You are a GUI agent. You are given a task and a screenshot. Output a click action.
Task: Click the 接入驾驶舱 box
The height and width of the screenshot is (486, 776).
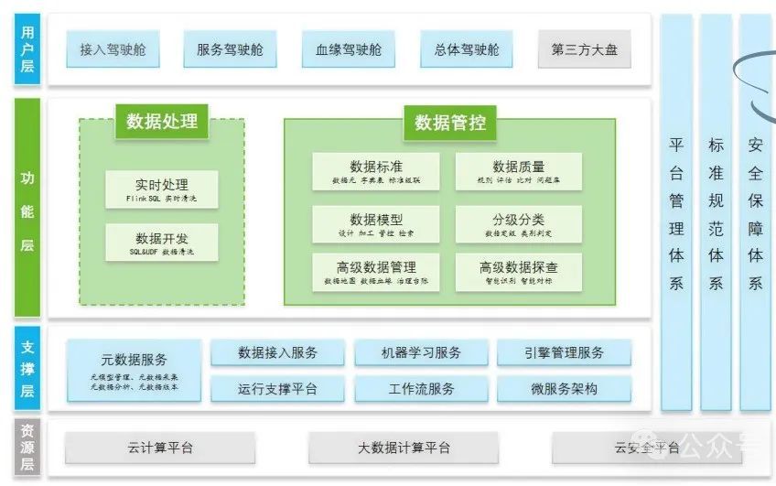113,49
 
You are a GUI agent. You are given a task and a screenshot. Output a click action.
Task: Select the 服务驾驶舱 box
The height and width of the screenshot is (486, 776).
230,49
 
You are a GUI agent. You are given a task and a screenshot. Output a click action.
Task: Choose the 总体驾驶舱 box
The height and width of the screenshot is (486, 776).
467,49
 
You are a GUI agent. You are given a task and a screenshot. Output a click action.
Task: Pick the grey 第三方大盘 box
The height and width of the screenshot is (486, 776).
584,49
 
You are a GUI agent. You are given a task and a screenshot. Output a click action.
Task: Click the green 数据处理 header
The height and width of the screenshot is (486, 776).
162,121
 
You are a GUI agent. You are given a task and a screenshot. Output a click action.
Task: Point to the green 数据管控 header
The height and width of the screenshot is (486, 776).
450,122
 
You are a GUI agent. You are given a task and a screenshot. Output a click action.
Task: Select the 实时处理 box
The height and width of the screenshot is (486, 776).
162,189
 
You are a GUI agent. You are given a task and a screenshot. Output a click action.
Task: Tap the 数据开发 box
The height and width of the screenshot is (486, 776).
162,243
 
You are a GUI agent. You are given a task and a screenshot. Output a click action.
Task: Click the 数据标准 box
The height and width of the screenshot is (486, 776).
376,171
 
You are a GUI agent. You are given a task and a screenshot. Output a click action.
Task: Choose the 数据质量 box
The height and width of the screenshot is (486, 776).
518,171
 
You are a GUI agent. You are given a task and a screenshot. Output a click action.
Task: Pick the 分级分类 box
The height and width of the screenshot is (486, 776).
518,224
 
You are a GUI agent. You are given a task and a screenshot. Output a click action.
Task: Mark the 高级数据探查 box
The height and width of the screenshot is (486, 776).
518,272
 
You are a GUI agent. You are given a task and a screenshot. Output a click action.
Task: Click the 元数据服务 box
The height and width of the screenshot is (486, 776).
134,370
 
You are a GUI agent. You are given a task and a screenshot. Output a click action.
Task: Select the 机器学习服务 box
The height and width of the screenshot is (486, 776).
421,352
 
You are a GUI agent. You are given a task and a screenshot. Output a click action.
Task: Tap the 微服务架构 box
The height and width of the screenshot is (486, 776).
564,389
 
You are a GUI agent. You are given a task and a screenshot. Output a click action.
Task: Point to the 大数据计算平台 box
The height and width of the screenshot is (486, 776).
404,448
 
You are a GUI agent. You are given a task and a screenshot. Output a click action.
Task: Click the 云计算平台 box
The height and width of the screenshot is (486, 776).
161,448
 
